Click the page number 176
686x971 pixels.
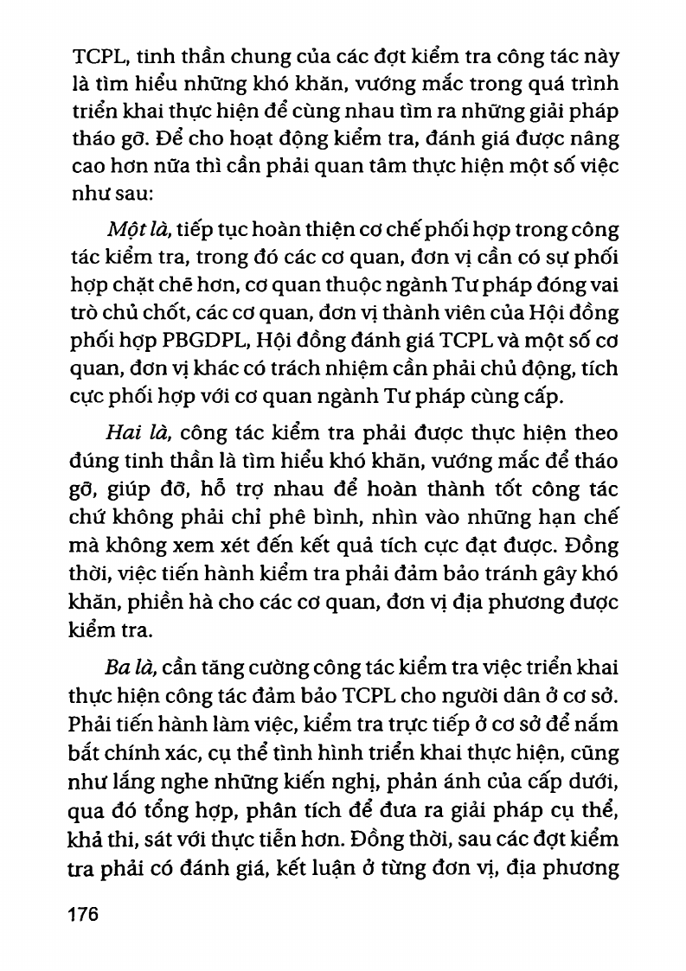click(x=83, y=915)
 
